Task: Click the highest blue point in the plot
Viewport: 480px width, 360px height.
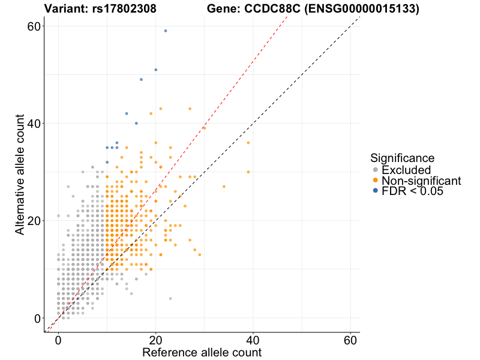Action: pos(166,31)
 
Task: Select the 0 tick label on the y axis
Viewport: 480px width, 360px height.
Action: pos(36,318)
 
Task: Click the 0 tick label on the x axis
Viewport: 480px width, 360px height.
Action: pos(58,340)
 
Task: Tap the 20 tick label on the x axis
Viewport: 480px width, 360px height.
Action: pos(156,340)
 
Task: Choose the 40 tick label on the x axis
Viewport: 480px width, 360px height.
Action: pos(253,340)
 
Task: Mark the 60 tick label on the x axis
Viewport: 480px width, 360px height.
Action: pos(350,340)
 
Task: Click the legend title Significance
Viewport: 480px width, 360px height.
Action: pos(402,158)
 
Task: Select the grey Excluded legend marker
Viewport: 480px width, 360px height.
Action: pos(375,170)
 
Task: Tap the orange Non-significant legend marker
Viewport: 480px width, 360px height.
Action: pos(375,181)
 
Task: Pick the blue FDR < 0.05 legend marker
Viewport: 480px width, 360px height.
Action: pos(375,191)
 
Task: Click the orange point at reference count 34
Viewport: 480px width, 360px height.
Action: pos(224,187)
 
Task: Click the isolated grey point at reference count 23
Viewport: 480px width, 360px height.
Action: pos(170,298)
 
